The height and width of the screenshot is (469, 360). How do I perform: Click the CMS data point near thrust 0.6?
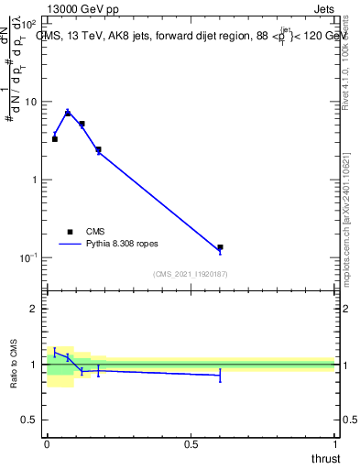tap(220, 247)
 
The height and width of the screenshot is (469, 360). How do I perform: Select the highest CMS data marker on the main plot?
tap(68, 113)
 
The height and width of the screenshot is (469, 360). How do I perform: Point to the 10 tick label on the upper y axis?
tap(30, 102)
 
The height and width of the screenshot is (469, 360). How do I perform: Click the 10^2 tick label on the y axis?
tap(29, 24)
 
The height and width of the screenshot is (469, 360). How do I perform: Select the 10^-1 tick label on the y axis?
tap(27, 257)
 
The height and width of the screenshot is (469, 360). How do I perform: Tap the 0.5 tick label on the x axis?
tap(191, 443)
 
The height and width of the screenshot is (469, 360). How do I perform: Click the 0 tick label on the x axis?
tap(47, 443)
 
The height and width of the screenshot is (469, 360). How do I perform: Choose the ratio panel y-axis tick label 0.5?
tap(28, 420)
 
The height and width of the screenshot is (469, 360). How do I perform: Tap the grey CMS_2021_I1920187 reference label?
tap(190, 274)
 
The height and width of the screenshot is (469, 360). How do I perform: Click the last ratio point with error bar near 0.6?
tap(220, 374)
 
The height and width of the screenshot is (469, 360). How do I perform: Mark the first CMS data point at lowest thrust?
tap(54, 139)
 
